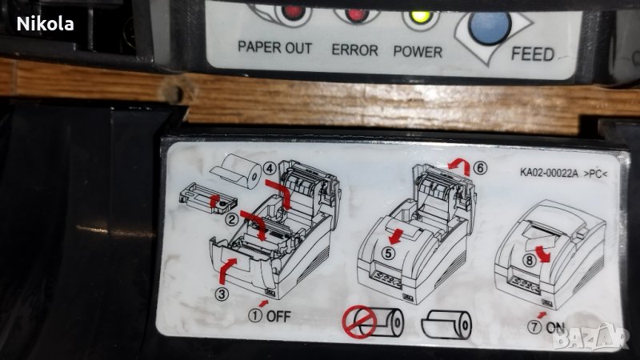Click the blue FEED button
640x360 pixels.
tap(490, 26)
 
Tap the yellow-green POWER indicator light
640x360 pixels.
tap(421, 17)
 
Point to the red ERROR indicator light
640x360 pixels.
tap(356, 15)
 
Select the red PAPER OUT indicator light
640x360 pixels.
tap(293, 12)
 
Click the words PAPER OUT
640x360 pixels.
tap(274, 48)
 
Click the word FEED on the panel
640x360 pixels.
tap(533, 54)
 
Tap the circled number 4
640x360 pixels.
tap(270, 168)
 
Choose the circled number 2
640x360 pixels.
tap(232, 219)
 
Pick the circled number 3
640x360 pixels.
tap(222, 294)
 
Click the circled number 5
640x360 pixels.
tap(388, 253)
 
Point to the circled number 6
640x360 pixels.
tap(481, 168)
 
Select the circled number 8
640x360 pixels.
tap(530, 260)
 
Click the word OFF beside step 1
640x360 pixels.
tap(278, 316)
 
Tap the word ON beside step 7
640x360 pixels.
tap(555, 327)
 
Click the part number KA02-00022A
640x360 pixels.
tap(549, 173)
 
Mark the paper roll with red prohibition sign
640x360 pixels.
tap(373, 322)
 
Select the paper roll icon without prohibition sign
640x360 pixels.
tap(446, 326)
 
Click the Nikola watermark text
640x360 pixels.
tap(46, 24)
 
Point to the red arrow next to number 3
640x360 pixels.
tap(227, 270)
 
